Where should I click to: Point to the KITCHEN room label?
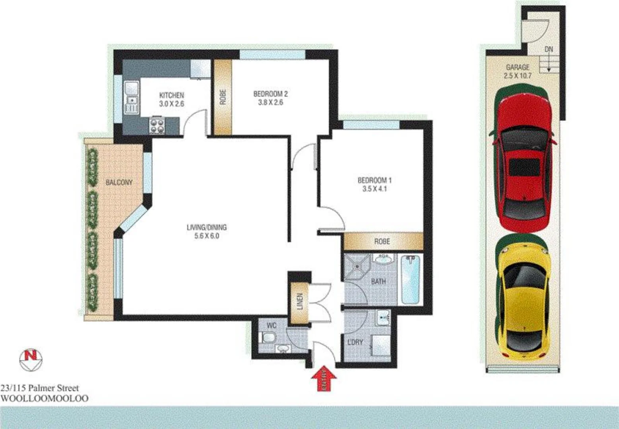[x=171, y=95]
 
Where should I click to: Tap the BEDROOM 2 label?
[x=270, y=94]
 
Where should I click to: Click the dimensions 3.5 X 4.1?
[x=374, y=189]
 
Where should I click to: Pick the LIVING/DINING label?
[x=206, y=228]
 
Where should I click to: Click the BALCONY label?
[x=119, y=182]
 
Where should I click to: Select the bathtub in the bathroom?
[x=410, y=280]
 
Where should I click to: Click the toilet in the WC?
[x=268, y=338]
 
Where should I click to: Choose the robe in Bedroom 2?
[x=223, y=97]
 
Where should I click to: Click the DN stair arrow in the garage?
[x=549, y=64]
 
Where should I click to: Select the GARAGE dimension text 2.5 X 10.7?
[x=517, y=75]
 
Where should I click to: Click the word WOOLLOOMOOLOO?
[x=45, y=398]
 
